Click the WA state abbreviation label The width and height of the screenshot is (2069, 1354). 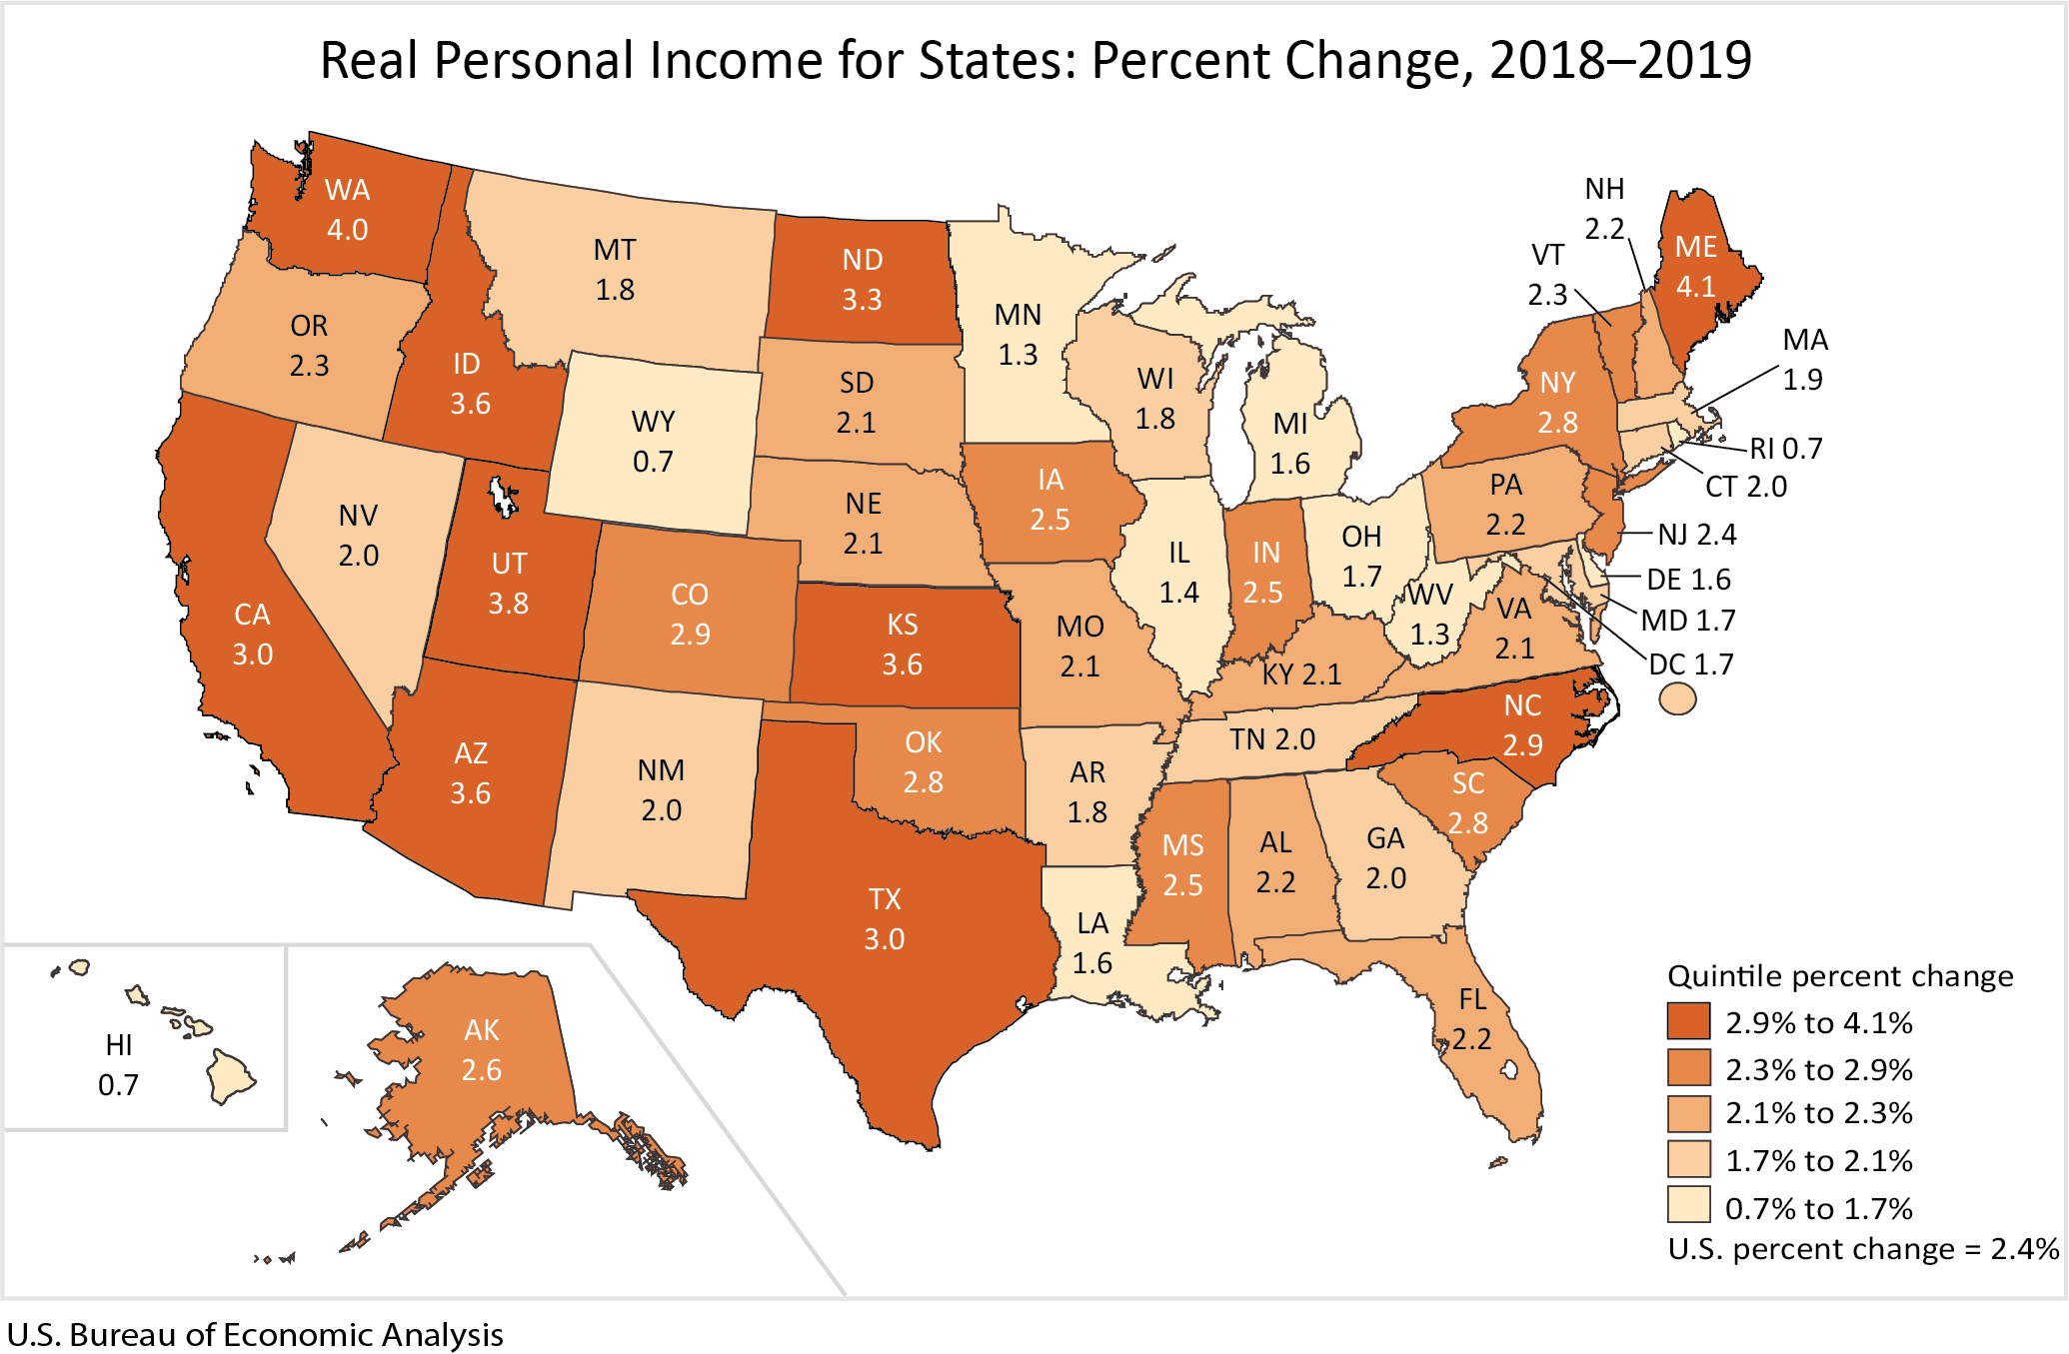click(347, 190)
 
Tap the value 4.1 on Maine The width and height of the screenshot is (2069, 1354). click(1695, 287)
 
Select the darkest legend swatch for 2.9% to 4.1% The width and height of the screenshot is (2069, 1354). click(1688, 1021)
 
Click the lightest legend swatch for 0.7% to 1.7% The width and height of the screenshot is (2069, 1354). click(1688, 1206)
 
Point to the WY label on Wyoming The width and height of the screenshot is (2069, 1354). click(653, 422)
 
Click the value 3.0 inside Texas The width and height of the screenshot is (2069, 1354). click(884, 939)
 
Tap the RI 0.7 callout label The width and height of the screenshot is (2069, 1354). click(1785, 449)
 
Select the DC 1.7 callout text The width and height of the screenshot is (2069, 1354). click(1690, 665)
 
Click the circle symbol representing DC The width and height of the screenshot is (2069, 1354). click(1677, 698)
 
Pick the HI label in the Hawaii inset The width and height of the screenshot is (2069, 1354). click(119, 1045)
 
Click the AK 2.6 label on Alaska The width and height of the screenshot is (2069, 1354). click(481, 1049)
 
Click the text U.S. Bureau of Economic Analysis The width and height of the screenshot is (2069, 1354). click(255, 1334)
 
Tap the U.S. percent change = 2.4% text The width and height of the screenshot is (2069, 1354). click(1862, 1249)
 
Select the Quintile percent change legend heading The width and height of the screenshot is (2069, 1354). click(1840, 975)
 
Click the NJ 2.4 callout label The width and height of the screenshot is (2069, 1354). click(1696, 535)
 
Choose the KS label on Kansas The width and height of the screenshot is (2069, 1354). click(902, 625)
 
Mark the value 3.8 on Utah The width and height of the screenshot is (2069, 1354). click(508, 604)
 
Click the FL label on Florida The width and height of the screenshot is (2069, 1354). click(1472, 999)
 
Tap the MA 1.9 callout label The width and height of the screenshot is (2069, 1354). click(1804, 360)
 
